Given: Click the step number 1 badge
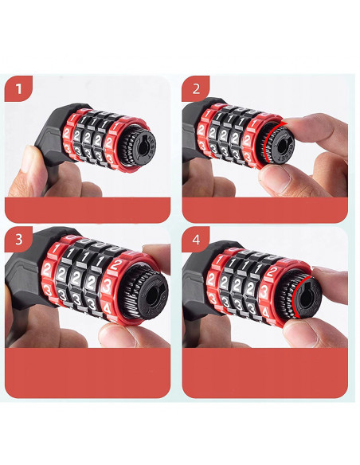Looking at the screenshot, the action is (x=18, y=88).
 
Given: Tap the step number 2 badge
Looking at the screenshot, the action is (x=196, y=88).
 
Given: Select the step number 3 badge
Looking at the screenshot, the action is (x=18, y=240).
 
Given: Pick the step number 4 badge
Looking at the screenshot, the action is (x=196, y=240).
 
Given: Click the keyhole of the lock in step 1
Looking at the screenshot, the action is (x=142, y=147).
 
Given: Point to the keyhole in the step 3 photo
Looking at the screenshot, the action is (x=152, y=295).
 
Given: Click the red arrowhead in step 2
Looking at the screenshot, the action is (x=284, y=123).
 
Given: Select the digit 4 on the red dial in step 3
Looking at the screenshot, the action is (x=108, y=309).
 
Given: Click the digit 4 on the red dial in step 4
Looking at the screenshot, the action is (x=265, y=312).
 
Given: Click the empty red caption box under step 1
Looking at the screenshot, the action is (x=88, y=210).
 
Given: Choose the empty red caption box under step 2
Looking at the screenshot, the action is (x=264, y=210).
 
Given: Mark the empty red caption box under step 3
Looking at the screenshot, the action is (x=88, y=373).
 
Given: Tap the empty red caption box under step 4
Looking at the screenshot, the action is (x=264, y=373).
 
